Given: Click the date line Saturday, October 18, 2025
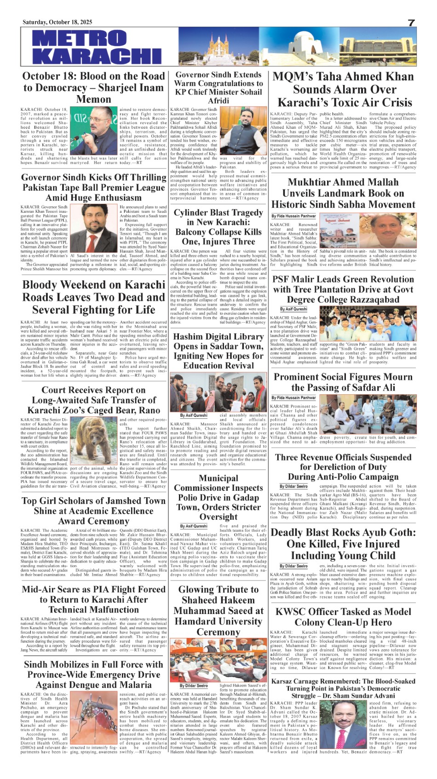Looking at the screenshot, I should coord(57,22).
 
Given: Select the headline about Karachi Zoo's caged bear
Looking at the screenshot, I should coord(93,400).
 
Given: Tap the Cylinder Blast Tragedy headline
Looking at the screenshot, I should coord(218,227).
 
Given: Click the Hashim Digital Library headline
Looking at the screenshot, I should coord(218,351).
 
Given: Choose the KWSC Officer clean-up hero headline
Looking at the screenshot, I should coord(343,617).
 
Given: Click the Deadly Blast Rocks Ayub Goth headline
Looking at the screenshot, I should coord(343,544).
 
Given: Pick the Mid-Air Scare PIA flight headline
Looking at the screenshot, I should coord(93,599).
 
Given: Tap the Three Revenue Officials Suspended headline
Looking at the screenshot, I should coord(343,466).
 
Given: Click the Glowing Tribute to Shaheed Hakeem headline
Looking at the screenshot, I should coord(218,610).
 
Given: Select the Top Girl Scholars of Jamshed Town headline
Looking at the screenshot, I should coord(93,511).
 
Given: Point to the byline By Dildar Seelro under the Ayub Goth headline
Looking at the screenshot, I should coord(293,566).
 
